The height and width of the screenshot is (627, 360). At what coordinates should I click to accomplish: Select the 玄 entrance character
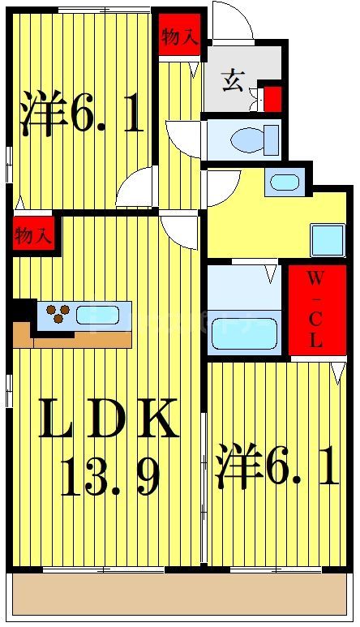[x=234, y=81]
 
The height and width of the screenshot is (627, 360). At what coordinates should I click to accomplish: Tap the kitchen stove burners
[x=57, y=314]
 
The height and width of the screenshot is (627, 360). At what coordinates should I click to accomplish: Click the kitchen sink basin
[x=98, y=314]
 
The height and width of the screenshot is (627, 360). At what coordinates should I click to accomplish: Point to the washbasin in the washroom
[x=284, y=182]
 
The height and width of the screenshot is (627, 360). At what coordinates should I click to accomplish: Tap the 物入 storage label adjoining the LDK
[x=32, y=236]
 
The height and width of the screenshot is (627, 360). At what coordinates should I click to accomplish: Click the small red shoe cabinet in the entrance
[x=273, y=99]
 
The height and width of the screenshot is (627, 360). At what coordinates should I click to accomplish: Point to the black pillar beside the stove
[x=24, y=311]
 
